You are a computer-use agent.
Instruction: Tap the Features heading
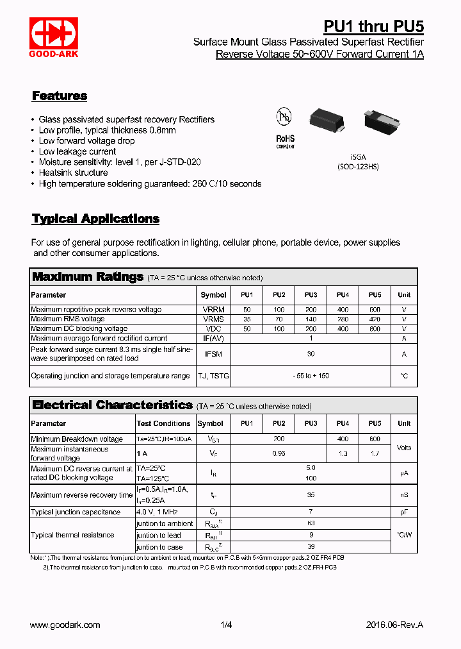[60, 96]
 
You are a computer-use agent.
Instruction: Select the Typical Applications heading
[95, 219]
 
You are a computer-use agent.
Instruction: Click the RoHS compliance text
[285, 139]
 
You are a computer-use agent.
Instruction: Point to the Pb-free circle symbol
[284, 117]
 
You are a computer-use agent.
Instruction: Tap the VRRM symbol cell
[213, 309]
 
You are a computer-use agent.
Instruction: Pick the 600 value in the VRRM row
[375, 309]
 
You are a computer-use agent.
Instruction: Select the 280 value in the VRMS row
[343, 319]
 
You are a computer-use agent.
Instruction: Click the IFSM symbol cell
[213, 354]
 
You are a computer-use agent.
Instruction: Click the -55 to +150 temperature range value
[311, 376]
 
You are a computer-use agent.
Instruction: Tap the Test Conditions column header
[163, 423]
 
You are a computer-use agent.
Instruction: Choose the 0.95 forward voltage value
[279, 454]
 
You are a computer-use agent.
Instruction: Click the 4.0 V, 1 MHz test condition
[156, 512]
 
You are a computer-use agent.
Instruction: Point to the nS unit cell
[403, 495]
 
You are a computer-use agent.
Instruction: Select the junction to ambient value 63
[311, 523]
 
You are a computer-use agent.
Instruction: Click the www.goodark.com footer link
[65, 625]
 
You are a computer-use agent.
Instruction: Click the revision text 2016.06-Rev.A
[394, 625]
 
